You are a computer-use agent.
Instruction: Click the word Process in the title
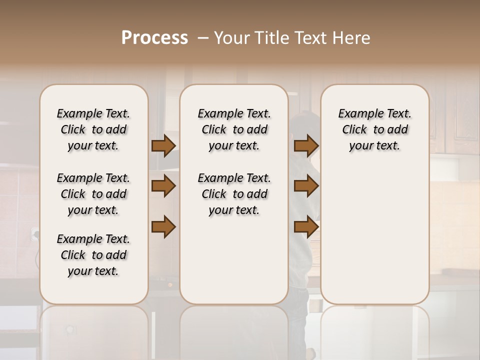(x=154, y=38)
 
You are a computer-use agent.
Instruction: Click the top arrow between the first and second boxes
(x=163, y=145)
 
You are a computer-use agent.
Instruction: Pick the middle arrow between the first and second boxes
(x=163, y=186)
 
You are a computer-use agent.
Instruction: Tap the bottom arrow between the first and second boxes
(x=163, y=227)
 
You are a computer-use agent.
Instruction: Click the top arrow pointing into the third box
(x=306, y=145)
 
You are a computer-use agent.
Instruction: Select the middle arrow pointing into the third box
(x=306, y=186)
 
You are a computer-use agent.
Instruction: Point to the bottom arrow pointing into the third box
(x=306, y=227)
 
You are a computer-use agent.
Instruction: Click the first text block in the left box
(x=93, y=129)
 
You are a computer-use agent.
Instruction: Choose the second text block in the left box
(x=93, y=194)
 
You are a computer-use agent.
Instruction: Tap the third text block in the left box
(x=93, y=255)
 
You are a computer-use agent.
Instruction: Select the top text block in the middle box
(x=234, y=129)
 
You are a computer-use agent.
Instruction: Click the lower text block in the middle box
(x=234, y=194)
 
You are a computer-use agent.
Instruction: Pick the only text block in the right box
(x=374, y=129)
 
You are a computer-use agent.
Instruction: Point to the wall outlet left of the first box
(x=35, y=233)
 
